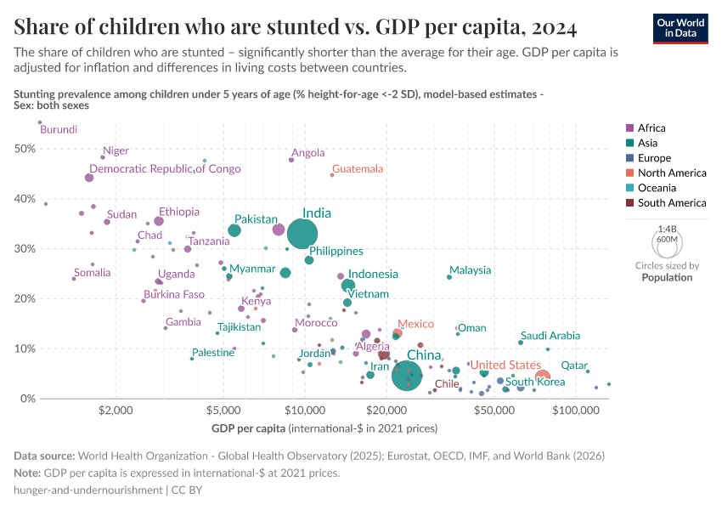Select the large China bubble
408,375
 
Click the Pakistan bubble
234,230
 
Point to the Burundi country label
59,130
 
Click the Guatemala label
358,169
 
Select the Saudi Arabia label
550,336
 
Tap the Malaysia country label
470,270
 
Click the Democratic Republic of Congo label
165,169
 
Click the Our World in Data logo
681,27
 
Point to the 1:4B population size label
667,229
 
